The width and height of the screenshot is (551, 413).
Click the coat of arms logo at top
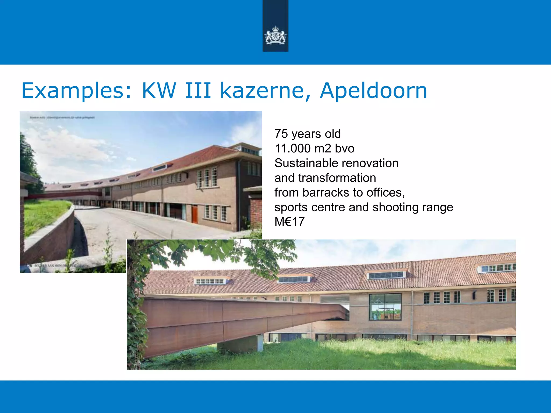tap(275, 35)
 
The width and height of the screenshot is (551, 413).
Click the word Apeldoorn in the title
tap(373, 91)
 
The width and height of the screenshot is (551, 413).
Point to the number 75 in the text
tap(281, 134)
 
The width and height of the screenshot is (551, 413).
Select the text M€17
tap(289, 222)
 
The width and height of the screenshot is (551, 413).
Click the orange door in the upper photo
tap(195, 214)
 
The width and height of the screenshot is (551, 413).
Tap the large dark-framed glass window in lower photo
tap(385, 307)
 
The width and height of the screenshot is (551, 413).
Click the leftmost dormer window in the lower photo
tap(211, 281)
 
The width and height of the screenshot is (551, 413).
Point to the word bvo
tap(345, 148)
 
